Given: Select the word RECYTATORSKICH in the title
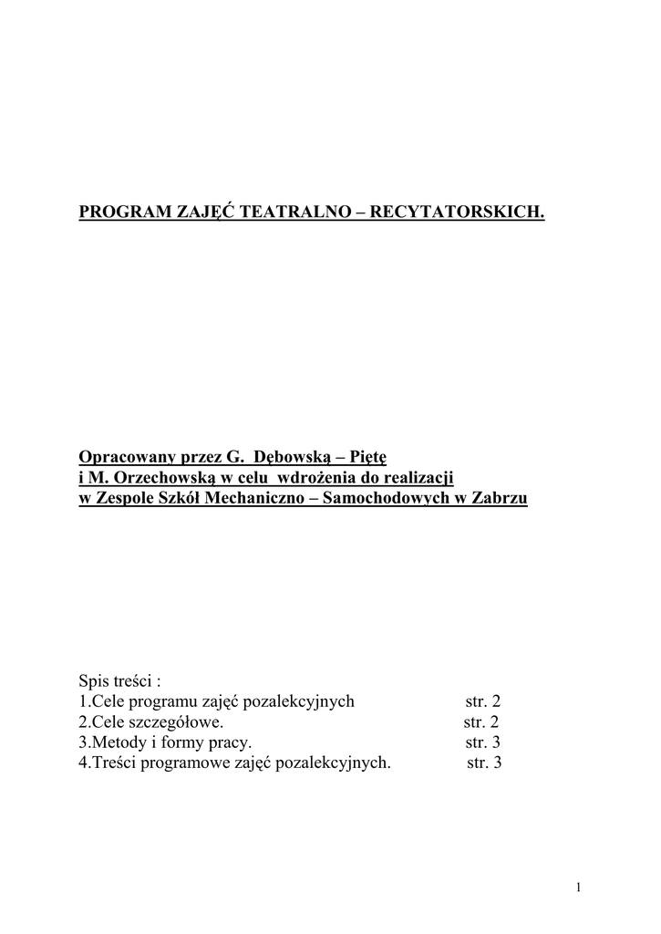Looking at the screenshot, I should click(x=459, y=213).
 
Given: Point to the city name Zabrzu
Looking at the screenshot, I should click(x=500, y=500).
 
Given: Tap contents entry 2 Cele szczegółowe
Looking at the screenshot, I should click(x=150, y=721).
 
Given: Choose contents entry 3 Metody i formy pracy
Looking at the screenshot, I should click(x=165, y=742).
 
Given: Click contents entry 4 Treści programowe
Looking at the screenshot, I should click(x=235, y=763).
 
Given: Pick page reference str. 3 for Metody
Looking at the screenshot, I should click(x=483, y=742).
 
